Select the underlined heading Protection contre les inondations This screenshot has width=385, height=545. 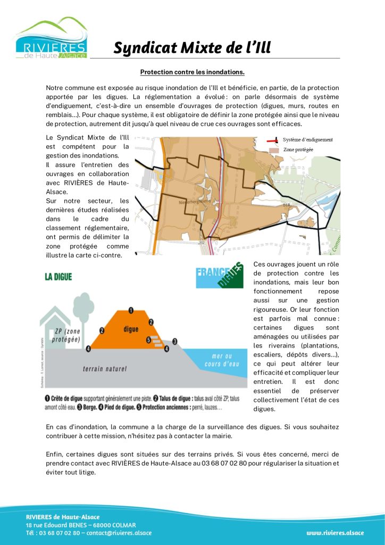192,71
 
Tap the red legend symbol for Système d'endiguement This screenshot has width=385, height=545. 273,141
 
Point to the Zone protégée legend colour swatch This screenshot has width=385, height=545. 273,150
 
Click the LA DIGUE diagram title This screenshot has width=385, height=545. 58,277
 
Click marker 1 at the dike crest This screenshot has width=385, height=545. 131,310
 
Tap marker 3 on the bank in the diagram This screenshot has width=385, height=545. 174,341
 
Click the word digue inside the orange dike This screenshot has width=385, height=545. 131,329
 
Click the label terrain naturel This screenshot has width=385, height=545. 105,368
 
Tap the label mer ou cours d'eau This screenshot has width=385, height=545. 218,360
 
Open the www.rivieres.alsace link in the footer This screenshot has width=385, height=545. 335,533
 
